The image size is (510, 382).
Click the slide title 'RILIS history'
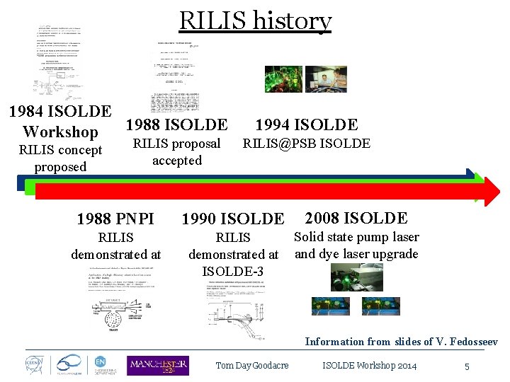tap(255, 21)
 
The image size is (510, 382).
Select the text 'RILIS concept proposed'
tap(60, 158)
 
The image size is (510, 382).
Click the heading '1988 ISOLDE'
tap(176, 126)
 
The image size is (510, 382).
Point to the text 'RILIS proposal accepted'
tap(177, 152)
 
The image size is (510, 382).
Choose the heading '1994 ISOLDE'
tap(306, 126)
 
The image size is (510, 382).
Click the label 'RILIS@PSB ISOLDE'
tap(306, 144)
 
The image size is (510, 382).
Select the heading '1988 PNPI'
tap(115, 219)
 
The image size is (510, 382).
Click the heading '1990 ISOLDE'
tap(232, 219)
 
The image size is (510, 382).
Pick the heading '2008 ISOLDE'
tap(356, 219)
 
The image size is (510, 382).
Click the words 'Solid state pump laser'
tap(356, 237)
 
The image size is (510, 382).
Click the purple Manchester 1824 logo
tap(157, 365)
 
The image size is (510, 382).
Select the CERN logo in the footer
tap(30, 364)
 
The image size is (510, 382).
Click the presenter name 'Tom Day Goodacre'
tap(252, 366)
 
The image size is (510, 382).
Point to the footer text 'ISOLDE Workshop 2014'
tap(369, 366)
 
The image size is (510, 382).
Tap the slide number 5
tap(467, 366)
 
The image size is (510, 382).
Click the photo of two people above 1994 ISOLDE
tap(326, 79)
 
